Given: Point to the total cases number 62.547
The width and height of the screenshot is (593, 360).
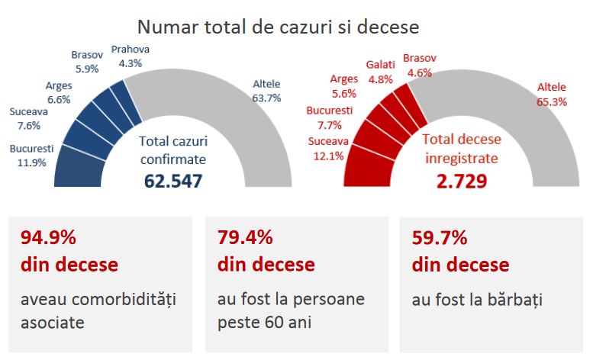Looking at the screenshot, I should point(173,182).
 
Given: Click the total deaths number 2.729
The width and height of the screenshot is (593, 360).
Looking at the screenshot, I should point(462,182).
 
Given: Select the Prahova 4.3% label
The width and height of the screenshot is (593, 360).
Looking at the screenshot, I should point(131,56).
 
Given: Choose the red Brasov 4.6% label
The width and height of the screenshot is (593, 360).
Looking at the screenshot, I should point(419,66).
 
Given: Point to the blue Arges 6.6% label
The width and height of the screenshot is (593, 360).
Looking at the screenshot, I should point(59,92).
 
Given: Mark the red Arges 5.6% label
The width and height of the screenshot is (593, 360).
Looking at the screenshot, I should point(343,86).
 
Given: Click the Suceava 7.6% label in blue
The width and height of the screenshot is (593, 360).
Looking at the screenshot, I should point(28,118).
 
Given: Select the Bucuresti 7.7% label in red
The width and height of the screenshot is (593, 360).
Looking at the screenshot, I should point(329,118).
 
